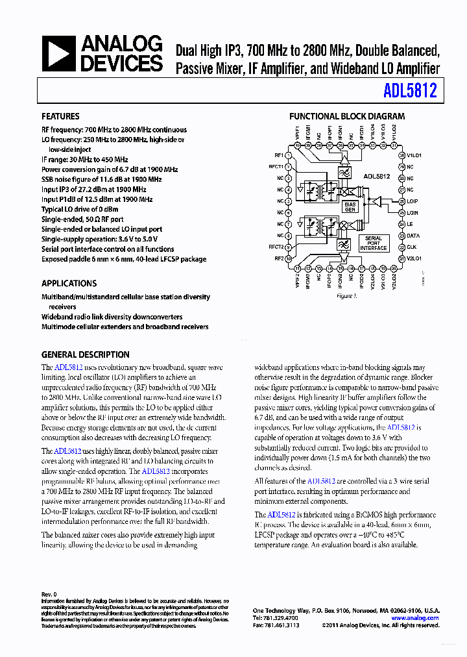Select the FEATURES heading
pyautogui.click(x=60, y=117)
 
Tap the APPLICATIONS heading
pyautogui.click(x=69, y=284)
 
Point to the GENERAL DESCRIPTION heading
pyautogui.click(x=85, y=355)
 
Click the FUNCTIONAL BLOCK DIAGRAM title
pyautogui.click(x=346, y=117)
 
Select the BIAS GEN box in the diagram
pyautogui.click(x=350, y=206)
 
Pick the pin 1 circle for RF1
pyautogui.click(x=287, y=156)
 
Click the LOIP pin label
pyautogui.click(x=413, y=201)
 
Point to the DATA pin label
pyautogui.click(x=413, y=236)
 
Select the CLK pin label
pyautogui.click(x=411, y=247)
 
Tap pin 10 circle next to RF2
pyautogui.click(x=287, y=258)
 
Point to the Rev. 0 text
pyautogui.click(x=49, y=594)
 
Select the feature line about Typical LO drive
pyautogui.click(x=80, y=210)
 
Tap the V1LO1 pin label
pyautogui.click(x=414, y=156)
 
